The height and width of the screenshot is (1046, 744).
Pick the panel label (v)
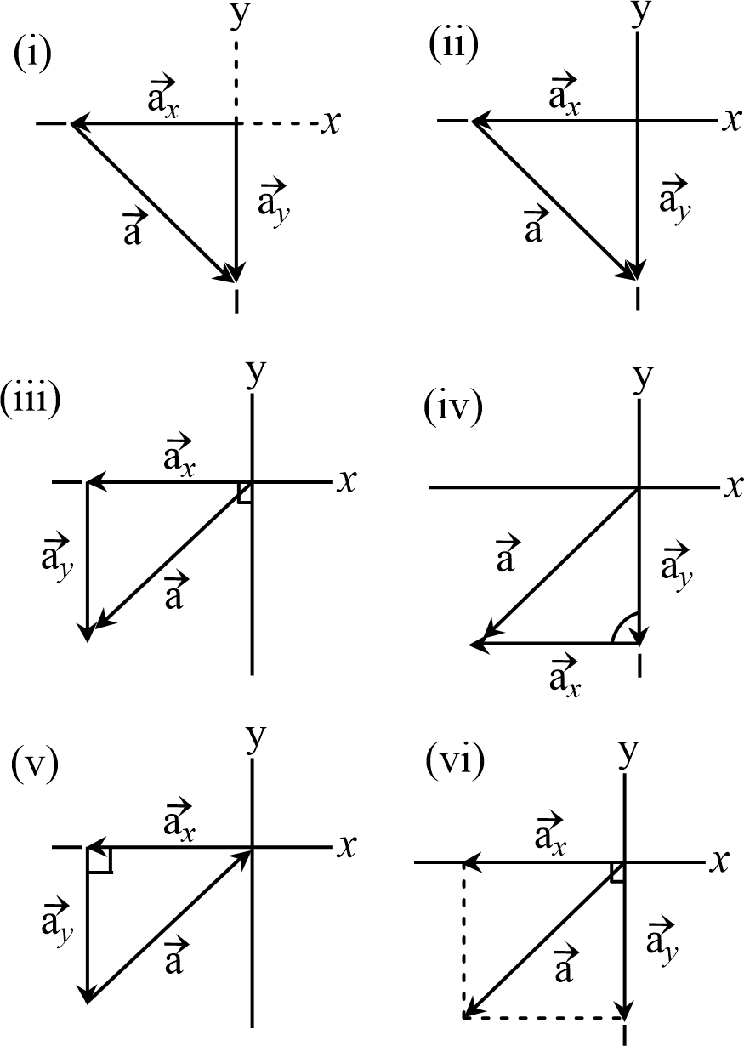point(32,766)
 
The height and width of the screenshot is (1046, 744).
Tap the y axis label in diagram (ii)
point(638,14)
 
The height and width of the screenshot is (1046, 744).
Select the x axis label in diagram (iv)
point(732,487)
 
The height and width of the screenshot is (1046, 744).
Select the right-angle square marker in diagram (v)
point(99,859)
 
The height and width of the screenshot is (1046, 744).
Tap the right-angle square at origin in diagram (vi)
point(618,872)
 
